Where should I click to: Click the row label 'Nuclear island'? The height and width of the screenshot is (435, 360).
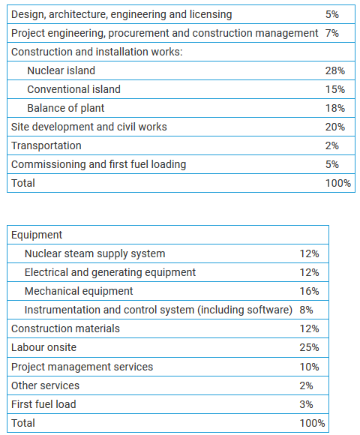click(61, 70)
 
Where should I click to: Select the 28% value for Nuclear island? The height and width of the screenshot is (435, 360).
click(335, 70)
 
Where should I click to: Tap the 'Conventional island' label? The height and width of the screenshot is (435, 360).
click(73, 89)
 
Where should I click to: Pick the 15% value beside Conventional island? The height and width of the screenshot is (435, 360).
click(335, 89)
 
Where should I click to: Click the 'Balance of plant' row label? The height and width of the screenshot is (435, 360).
click(65, 108)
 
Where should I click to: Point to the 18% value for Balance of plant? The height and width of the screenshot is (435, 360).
click(335, 108)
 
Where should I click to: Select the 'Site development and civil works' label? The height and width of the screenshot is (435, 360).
click(88, 127)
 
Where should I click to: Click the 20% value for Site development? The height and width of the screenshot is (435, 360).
click(335, 127)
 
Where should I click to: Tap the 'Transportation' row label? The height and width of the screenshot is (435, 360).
click(46, 145)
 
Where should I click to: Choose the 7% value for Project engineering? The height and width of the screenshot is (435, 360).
click(332, 33)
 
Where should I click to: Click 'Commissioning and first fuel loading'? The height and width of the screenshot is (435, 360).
click(98, 164)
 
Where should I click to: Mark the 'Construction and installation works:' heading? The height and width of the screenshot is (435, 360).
click(97, 52)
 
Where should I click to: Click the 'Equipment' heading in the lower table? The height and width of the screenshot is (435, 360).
click(37, 235)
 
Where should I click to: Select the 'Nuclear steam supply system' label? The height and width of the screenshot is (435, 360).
click(94, 253)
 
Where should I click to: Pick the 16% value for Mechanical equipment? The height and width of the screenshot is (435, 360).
click(309, 291)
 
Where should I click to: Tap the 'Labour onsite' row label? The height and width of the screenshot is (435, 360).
click(43, 347)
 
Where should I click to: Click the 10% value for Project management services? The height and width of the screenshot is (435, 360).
click(309, 367)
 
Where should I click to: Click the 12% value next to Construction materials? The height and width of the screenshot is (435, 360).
click(309, 328)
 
